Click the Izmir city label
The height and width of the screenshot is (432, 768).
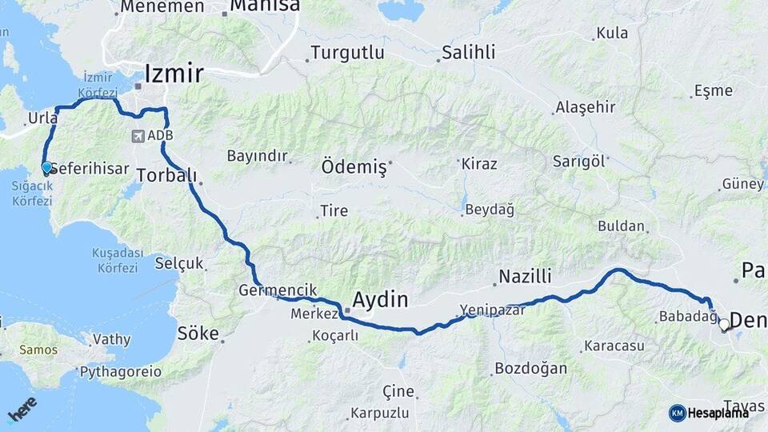tap(174, 74)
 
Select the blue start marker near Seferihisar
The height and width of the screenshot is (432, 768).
tap(46, 168)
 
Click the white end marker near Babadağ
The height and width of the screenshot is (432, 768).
tap(724, 325)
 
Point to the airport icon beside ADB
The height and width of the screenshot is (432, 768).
tap(140, 136)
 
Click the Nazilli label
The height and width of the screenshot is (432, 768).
tap(526, 277)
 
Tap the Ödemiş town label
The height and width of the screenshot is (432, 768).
tap(353, 168)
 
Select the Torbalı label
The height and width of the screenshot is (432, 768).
tap(166, 174)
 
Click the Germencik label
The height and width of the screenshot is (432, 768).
tap(278, 290)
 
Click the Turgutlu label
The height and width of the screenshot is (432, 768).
tap(347, 53)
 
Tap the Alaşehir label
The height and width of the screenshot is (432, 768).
tap(586, 107)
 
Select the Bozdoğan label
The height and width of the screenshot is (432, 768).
tap(530, 368)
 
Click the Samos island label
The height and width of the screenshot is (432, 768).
tap(38, 350)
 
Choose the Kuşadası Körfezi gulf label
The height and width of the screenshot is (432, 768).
tap(117, 259)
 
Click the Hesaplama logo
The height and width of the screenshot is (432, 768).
tap(709, 413)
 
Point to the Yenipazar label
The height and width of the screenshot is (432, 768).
tap(492, 310)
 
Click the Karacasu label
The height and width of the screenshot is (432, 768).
tap(614, 346)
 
